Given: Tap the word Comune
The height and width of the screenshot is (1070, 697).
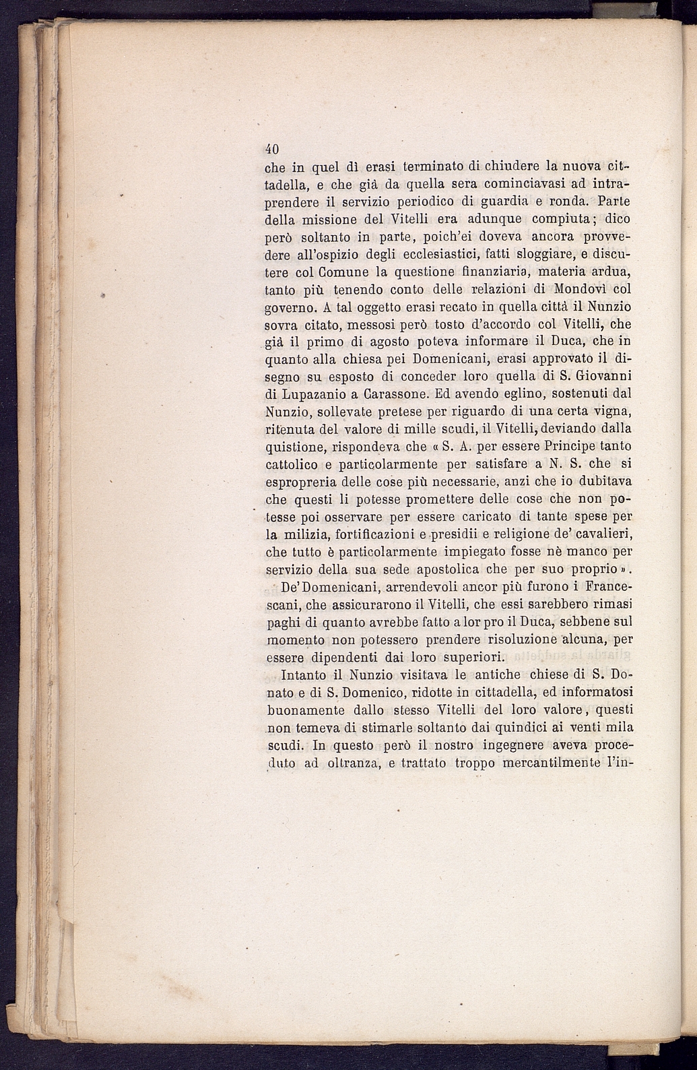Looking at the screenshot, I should tap(325, 272).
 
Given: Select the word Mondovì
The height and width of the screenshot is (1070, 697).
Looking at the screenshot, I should tap(577, 290).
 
